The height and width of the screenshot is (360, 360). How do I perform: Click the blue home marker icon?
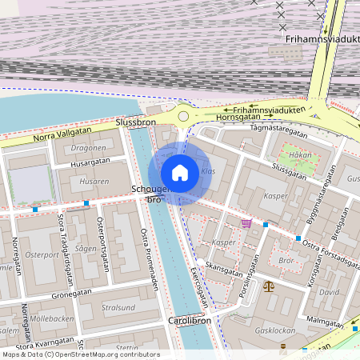point(180,172)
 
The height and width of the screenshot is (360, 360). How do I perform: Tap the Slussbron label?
point(135,122)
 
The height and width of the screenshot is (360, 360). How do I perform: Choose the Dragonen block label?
point(88,148)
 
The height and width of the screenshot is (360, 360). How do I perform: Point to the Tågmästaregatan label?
point(279,126)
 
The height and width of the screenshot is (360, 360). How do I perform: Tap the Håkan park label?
point(300,155)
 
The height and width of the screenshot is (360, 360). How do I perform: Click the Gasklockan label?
point(274,330)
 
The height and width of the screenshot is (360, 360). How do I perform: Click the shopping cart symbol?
point(246,223)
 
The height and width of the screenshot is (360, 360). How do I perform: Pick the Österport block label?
point(42,255)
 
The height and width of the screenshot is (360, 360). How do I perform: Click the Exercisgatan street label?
point(199,284)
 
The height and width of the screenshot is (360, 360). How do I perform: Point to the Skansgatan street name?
point(224,269)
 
